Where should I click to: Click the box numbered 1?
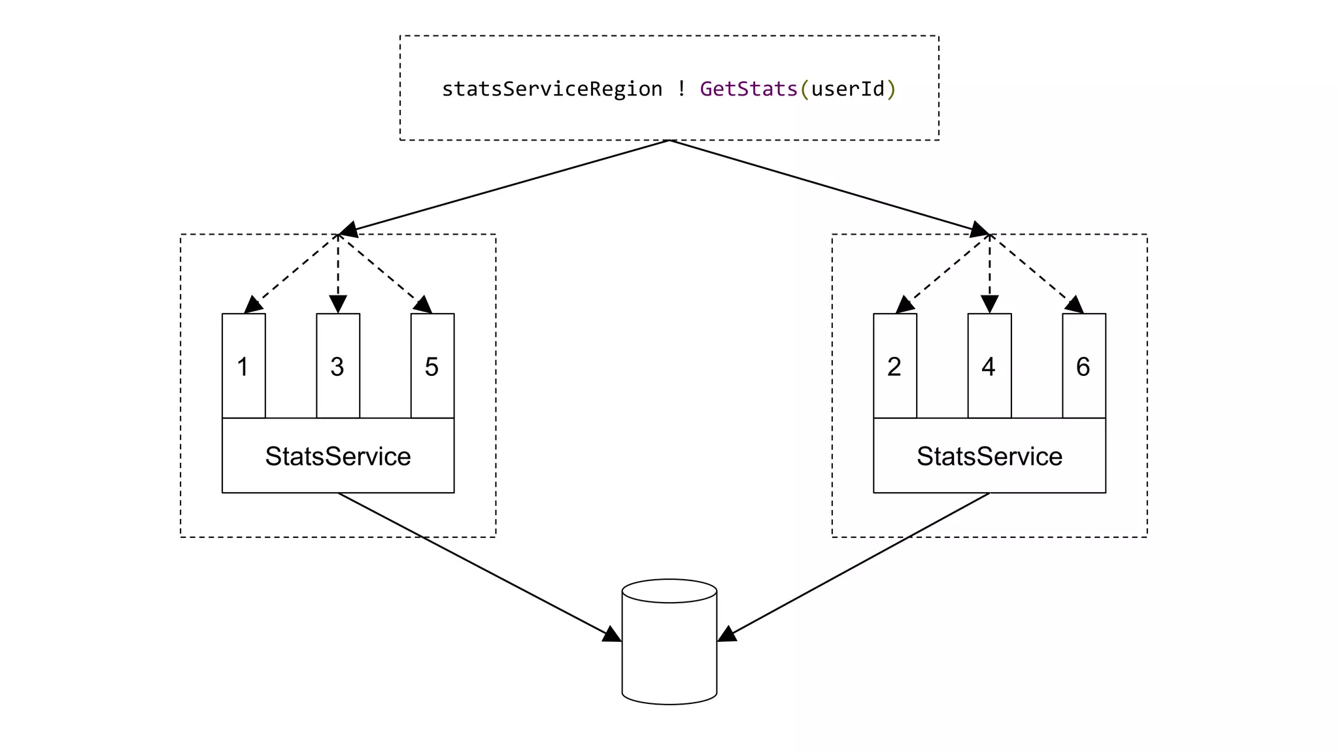point(243,366)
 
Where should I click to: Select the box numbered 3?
point(337,366)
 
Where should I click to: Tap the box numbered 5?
point(432,366)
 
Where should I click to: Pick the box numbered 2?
point(894,366)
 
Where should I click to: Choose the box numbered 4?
point(989,366)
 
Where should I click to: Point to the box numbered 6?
point(1083,366)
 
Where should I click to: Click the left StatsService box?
point(337,456)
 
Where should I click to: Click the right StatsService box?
point(989,456)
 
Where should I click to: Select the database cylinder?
point(669,644)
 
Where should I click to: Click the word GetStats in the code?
point(748,89)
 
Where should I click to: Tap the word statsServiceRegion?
point(552,89)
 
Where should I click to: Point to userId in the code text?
point(847,89)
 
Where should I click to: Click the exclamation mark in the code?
point(681,89)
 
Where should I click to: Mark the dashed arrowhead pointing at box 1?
point(252,305)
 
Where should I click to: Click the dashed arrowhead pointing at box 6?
point(1075,305)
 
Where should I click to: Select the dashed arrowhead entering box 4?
point(989,305)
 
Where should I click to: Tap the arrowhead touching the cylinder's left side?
point(612,635)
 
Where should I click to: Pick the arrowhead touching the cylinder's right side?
point(726,635)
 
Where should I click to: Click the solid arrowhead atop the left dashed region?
point(348,229)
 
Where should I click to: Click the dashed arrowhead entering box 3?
point(337,305)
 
